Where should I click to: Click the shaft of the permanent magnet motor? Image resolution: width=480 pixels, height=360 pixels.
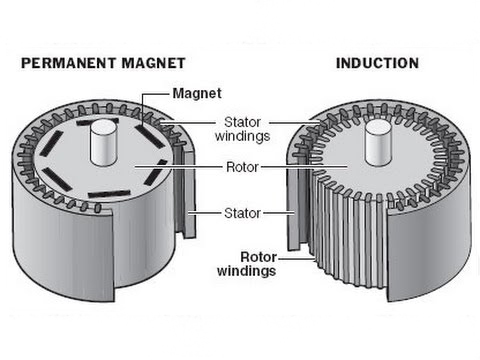[105, 144]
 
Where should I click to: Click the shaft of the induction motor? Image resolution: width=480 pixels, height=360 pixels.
[376, 142]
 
